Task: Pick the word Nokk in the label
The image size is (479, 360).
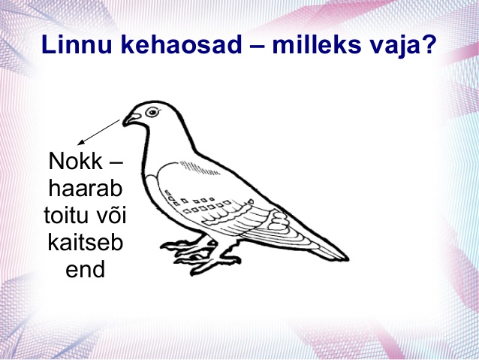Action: pos(76,161)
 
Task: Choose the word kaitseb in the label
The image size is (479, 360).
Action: pos(86,242)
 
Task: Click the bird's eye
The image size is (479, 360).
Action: pos(152,112)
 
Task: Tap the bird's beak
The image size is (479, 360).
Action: pos(131,119)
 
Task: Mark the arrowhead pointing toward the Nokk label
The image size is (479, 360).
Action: pos(81,142)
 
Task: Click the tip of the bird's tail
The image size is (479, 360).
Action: pos(348,259)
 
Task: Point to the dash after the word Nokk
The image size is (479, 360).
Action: pos(116,163)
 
